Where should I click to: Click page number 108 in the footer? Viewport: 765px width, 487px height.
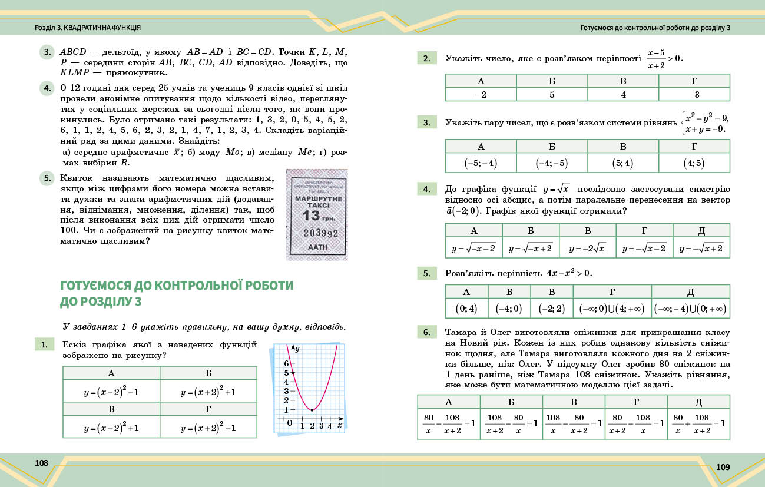(x=41, y=463)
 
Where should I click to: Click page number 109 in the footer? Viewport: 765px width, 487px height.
(x=723, y=467)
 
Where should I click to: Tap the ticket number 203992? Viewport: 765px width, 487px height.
(x=317, y=233)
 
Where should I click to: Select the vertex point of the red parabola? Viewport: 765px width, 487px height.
(x=312, y=410)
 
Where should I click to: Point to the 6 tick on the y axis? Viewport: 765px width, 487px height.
(x=287, y=363)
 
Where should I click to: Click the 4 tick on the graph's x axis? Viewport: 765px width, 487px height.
(x=330, y=425)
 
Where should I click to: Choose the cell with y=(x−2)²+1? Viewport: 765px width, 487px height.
(x=111, y=428)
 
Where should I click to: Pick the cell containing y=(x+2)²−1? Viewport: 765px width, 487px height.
(x=208, y=428)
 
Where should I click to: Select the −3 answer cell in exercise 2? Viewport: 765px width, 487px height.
(x=694, y=94)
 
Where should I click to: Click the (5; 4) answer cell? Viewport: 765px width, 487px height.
(x=623, y=163)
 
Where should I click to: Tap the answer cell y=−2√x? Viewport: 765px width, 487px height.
(x=587, y=248)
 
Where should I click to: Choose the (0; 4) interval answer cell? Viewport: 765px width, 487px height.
(x=466, y=308)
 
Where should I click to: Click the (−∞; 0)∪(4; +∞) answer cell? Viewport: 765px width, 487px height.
(x=612, y=308)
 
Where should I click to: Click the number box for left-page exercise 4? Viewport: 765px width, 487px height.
(x=47, y=88)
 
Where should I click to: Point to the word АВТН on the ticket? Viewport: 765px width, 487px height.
(x=317, y=248)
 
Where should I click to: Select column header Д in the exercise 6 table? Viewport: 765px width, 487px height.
(x=698, y=402)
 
